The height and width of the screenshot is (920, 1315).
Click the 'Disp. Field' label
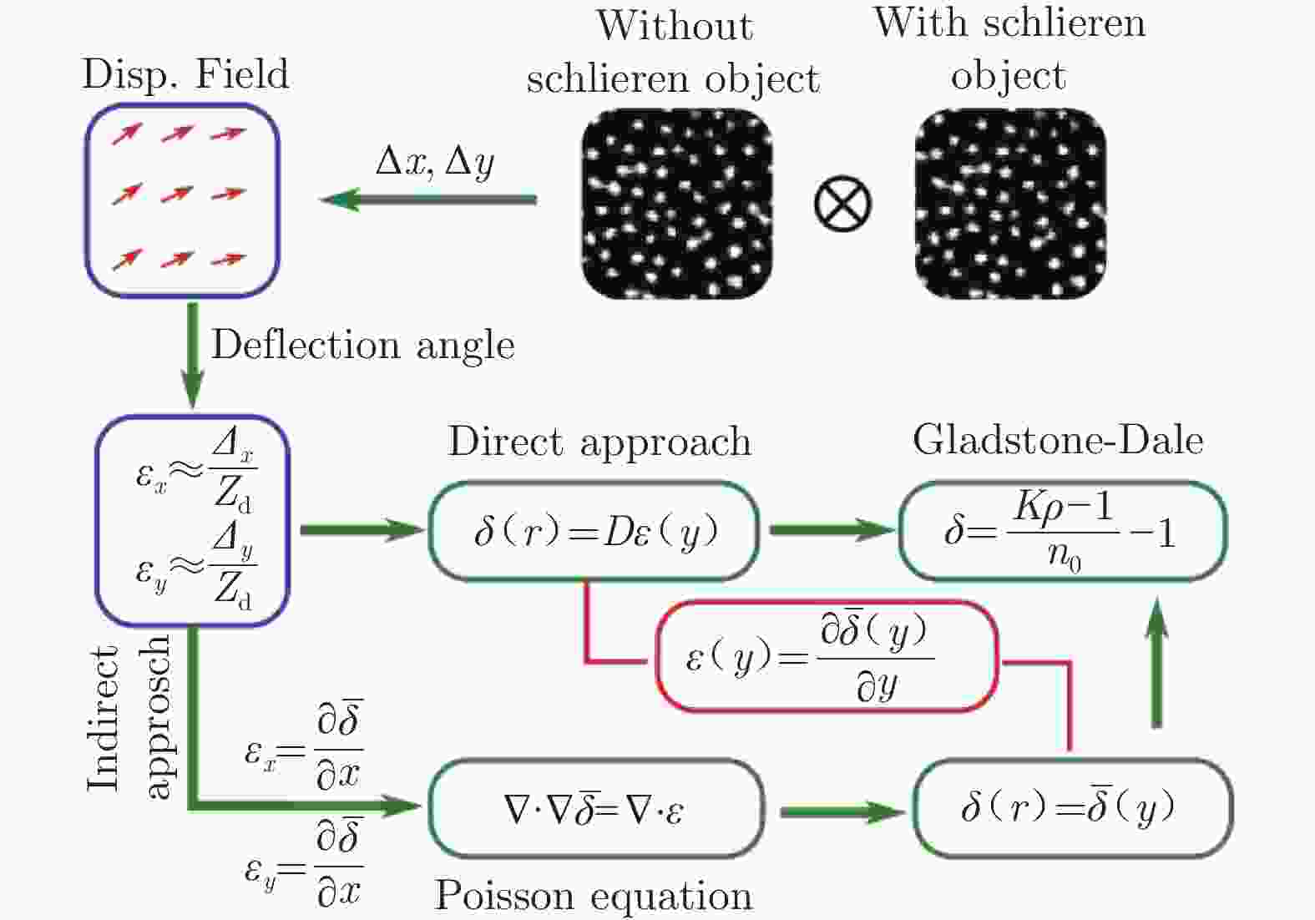click(185, 74)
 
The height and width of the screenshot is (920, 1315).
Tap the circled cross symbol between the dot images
click(842, 204)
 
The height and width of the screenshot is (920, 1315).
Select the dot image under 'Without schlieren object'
click(676, 204)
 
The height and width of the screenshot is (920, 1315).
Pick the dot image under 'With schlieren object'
click(1010, 204)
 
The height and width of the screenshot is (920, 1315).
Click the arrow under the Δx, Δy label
click(429, 200)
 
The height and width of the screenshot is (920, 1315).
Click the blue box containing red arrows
click(182, 200)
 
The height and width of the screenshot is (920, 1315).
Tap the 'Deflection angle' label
click(362, 344)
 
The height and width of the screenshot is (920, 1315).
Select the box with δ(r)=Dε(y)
click(594, 531)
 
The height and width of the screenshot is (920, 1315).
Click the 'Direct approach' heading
click(599, 441)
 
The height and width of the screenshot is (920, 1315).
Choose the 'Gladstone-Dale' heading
click(1058, 440)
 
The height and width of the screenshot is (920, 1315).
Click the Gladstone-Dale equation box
click(1062, 531)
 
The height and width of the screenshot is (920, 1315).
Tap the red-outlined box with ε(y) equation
click(827, 657)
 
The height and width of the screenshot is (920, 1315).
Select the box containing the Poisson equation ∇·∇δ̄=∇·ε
click(595, 808)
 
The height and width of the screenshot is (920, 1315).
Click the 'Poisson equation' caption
click(594, 896)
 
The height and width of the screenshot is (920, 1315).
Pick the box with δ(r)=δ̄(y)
click(1072, 808)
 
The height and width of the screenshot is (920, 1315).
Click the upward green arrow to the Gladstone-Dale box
click(1156, 664)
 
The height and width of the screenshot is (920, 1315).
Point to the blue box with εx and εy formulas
click(192, 521)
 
